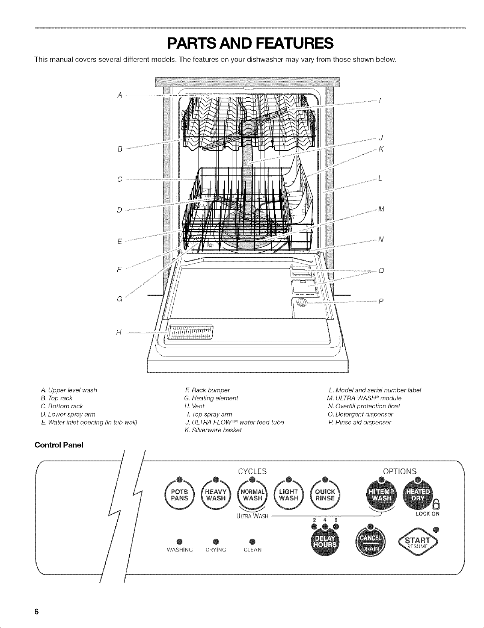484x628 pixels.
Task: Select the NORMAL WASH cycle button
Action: (x=252, y=495)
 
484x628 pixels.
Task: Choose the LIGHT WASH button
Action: (x=288, y=495)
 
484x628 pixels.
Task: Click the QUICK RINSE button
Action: (x=325, y=495)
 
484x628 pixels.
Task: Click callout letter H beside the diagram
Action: (x=118, y=333)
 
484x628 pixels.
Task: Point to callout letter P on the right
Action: (x=381, y=301)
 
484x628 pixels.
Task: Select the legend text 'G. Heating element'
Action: (x=211, y=398)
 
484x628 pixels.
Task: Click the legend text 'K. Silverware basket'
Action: (x=213, y=430)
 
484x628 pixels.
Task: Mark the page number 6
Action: (x=36, y=612)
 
